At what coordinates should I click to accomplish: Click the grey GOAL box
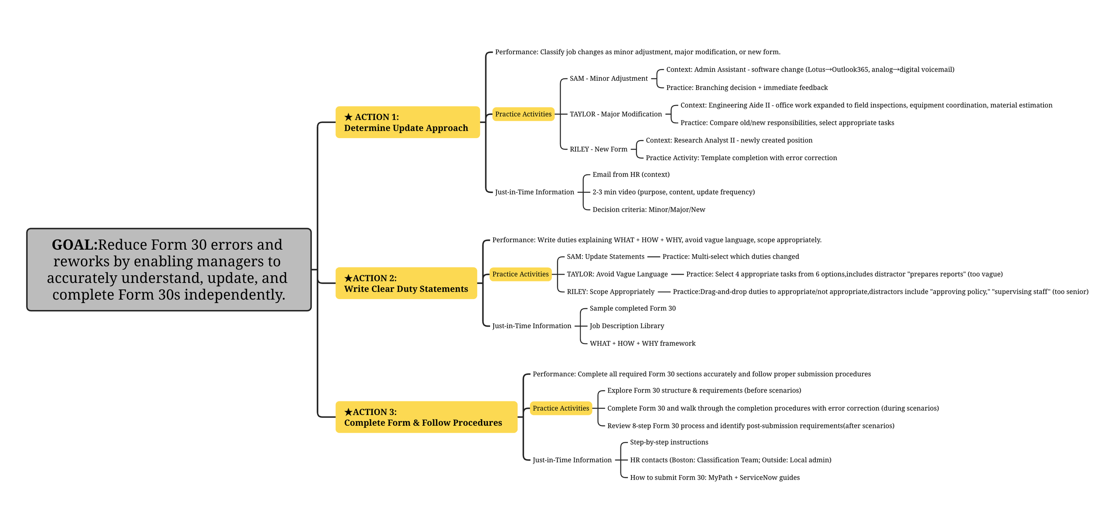click(169, 270)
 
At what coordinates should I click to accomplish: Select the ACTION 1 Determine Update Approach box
click(407, 122)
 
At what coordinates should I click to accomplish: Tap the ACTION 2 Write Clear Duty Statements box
click(406, 283)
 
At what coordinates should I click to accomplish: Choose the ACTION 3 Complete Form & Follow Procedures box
click(426, 417)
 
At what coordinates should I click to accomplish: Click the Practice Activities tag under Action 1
click(523, 114)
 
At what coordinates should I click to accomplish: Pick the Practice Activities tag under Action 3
click(560, 408)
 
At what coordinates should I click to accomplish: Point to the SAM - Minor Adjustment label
click(608, 79)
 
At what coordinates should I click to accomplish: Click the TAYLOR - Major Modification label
click(615, 114)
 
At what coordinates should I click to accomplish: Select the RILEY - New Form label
click(598, 149)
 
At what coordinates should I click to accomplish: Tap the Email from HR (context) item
click(631, 175)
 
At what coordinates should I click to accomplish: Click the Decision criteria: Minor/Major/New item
click(648, 210)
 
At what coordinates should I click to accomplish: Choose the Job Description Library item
click(627, 326)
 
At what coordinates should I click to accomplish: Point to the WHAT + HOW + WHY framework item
click(642, 343)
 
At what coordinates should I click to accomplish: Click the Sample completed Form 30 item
click(632, 308)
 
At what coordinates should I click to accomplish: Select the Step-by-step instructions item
click(669, 442)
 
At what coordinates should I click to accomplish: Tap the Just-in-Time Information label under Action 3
click(572, 460)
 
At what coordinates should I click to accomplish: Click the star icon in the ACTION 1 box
click(348, 117)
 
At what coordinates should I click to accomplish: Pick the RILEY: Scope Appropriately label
click(610, 292)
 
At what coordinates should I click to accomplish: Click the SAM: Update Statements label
click(605, 257)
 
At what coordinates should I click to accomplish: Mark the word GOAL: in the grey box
click(74, 244)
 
